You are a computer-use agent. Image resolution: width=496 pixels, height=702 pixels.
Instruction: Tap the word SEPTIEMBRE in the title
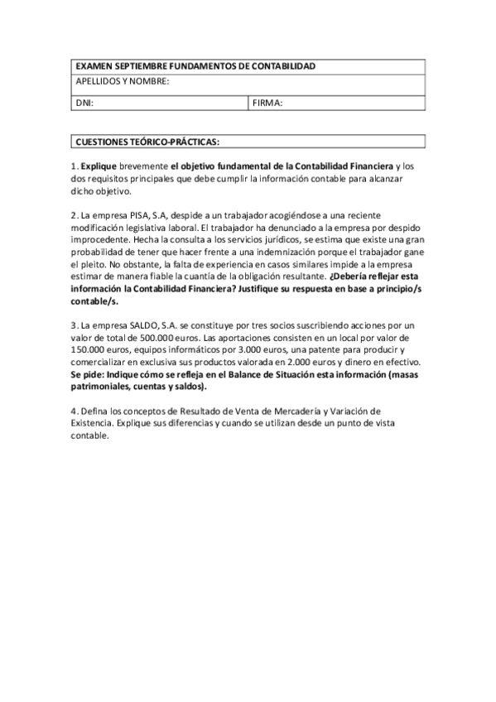pyautogui.click(x=137, y=66)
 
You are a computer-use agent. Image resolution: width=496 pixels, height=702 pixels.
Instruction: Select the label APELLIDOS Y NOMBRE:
pyautogui.click(x=123, y=81)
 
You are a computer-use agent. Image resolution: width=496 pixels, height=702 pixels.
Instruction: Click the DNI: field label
pyautogui.click(x=84, y=103)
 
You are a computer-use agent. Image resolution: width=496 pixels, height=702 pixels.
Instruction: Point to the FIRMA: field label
pyautogui.click(x=268, y=103)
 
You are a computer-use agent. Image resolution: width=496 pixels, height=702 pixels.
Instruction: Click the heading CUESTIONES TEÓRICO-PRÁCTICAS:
pyautogui.click(x=147, y=142)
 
